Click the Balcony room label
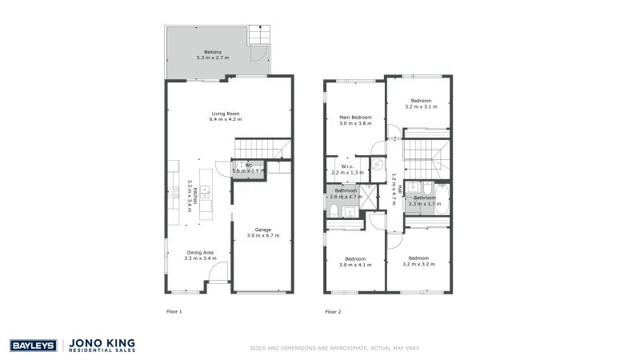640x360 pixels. pyautogui.click(x=212, y=51)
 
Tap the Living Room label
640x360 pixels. pyautogui.click(x=226, y=113)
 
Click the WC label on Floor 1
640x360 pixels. pyautogui.click(x=249, y=165)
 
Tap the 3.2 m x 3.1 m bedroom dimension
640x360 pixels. pyautogui.click(x=421, y=106)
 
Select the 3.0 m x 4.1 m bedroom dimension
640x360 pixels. pyautogui.click(x=355, y=264)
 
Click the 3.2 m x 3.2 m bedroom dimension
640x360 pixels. pyautogui.click(x=419, y=264)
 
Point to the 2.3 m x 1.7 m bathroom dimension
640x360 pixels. pyautogui.click(x=425, y=203)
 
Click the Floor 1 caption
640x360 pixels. pyautogui.click(x=174, y=311)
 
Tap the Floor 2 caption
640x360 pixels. pyautogui.click(x=333, y=311)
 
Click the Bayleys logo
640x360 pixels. pyautogui.click(x=32, y=346)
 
